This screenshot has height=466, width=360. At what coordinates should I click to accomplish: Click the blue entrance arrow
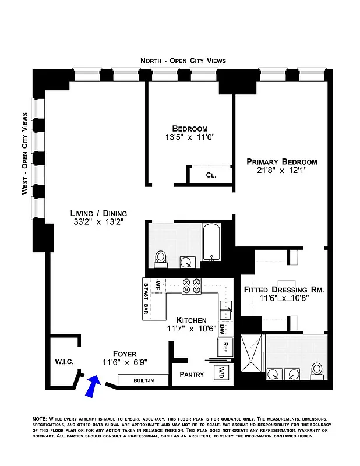[x=92, y=387]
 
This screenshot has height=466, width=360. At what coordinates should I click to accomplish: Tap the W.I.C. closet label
[x=63, y=362]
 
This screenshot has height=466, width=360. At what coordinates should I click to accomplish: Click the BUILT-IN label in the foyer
[x=143, y=380]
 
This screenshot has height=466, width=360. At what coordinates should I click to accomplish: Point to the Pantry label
[x=192, y=374]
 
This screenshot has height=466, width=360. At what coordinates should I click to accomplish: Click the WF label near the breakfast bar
[x=157, y=285]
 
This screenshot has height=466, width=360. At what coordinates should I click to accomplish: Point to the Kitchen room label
[x=191, y=320]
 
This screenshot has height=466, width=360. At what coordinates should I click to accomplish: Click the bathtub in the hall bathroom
[x=211, y=243]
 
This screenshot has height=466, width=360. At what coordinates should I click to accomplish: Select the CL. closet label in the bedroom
[x=211, y=175]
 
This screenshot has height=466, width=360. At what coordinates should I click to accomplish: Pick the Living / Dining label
[x=98, y=213]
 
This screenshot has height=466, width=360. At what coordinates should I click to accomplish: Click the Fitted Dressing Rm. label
[x=283, y=289]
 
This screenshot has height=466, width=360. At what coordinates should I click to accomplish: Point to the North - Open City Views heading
[x=183, y=61]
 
